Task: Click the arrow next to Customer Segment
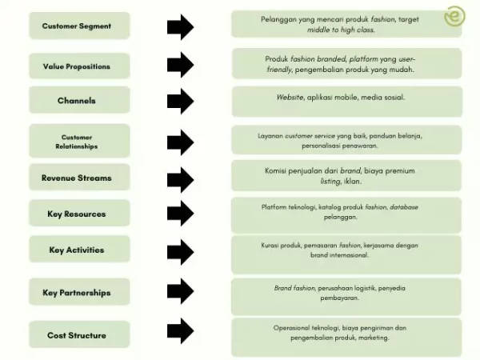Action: pyautogui.click(x=181, y=26)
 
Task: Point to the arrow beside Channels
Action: pyautogui.click(x=181, y=101)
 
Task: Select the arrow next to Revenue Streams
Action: pyautogui.click(x=181, y=178)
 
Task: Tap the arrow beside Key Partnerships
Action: pyautogui.click(x=181, y=293)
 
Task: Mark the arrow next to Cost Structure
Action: pyautogui.click(x=181, y=331)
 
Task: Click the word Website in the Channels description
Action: pyautogui.click(x=290, y=97)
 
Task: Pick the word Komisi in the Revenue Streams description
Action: pyautogui.click(x=279, y=170)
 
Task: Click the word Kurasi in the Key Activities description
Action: pyautogui.click(x=271, y=245)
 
